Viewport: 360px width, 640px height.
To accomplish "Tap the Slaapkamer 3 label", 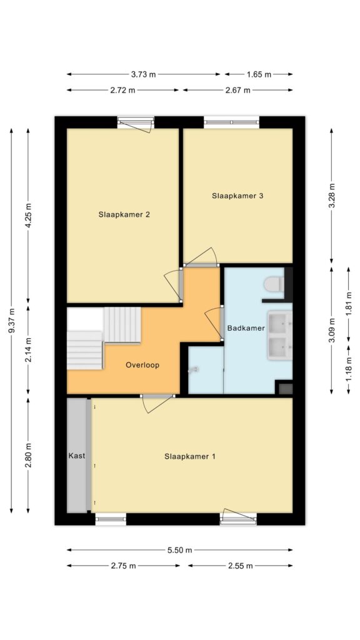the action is click(x=237, y=196).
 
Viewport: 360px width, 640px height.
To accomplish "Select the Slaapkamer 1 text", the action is click(x=190, y=456).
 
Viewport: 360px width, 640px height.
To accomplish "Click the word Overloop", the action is click(x=142, y=365).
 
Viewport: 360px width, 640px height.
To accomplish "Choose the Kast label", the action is click(x=77, y=456).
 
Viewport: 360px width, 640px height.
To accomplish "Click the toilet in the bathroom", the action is click(x=274, y=284).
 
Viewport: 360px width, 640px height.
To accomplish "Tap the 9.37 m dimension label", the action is click(x=11, y=321).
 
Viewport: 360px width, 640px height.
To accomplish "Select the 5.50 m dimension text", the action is click(x=179, y=550).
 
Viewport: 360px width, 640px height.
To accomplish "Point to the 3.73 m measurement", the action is click(x=144, y=74).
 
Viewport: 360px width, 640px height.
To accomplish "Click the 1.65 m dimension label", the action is click(x=259, y=74).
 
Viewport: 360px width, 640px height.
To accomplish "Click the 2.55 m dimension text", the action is click(x=241, y=566).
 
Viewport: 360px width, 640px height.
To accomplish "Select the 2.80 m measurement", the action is click(x=28, y=456).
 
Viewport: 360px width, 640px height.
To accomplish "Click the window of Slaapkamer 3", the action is click(x=231, y=122).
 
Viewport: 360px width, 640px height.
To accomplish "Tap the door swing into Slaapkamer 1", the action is click(x=157, y=403).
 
